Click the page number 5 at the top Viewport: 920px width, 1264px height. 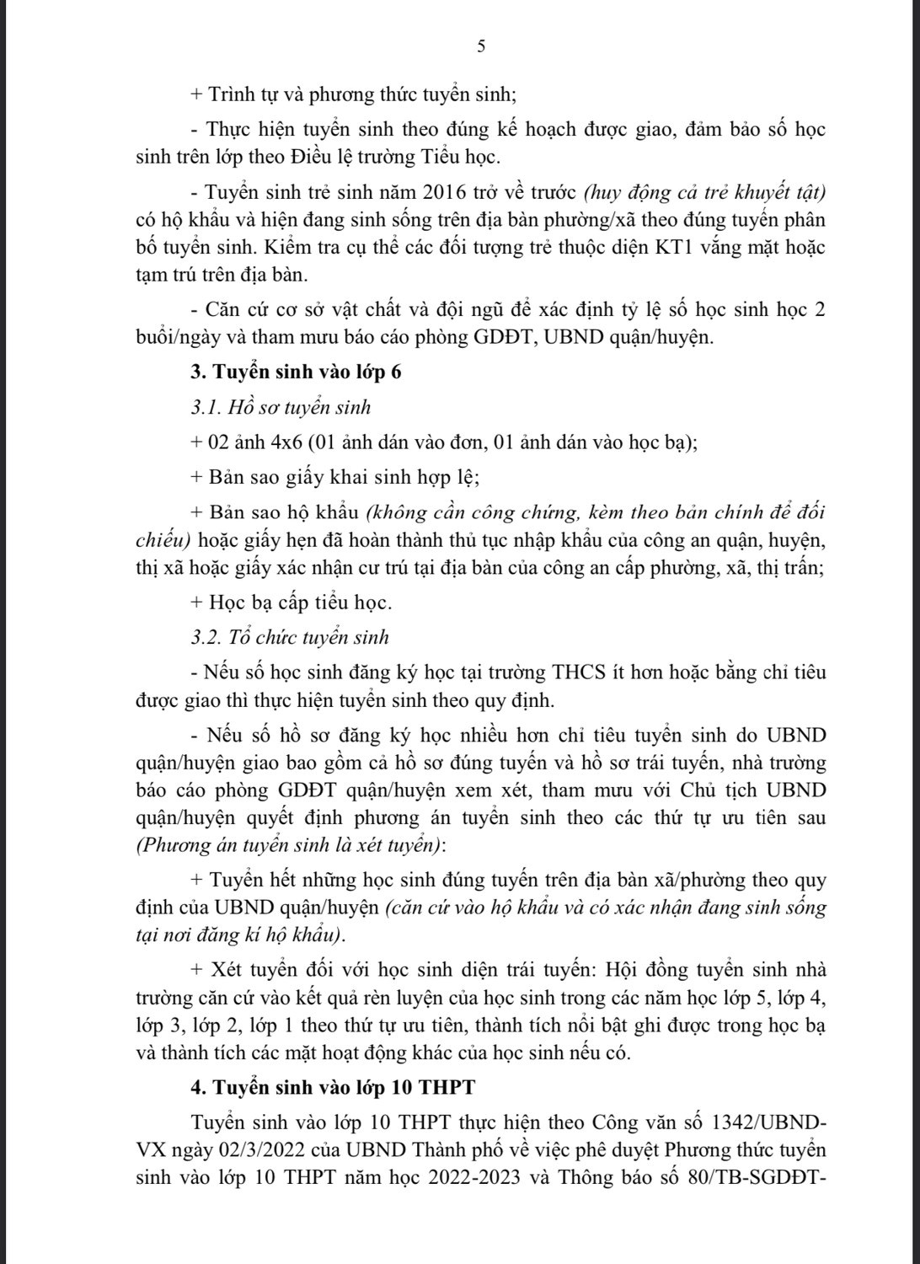click(481, 47)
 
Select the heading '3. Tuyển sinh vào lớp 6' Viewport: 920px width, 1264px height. click(296, 372)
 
